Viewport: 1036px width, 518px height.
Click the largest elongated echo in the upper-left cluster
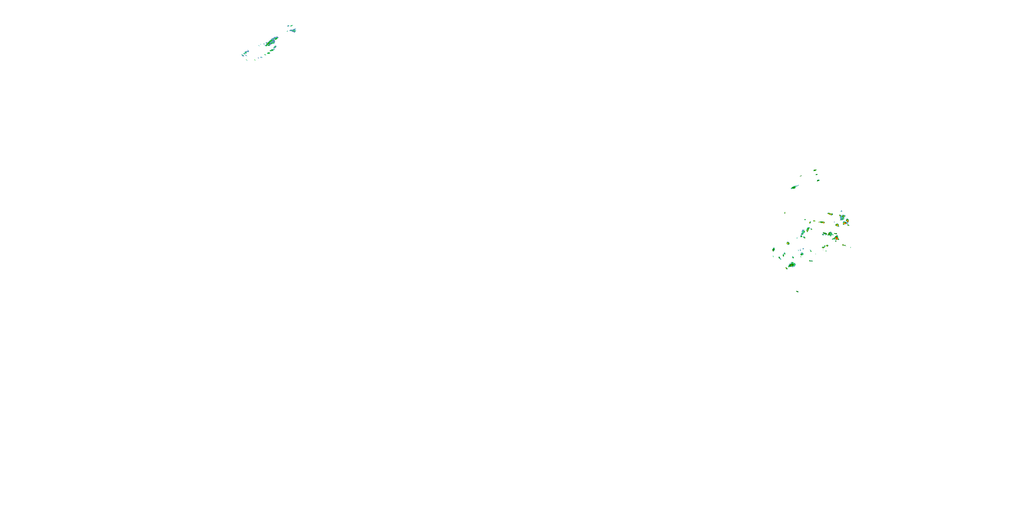pyautogui.click(x=272, y=41)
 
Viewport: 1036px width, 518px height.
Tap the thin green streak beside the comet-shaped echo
pyautogui.click(x=801, y=176)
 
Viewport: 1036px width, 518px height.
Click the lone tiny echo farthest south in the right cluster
pyautogui.click(x=797, y=291)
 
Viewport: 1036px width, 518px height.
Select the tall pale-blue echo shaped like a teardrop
pyautogui.click(x=803, y=233)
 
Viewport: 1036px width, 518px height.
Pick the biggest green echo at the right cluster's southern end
pyautogui.click(x=792, y=265)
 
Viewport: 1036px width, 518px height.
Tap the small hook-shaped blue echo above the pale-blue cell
pyautogui.click(x=841, y=211)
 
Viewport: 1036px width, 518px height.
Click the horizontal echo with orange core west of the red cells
pyautogui.click(x=822, y=222)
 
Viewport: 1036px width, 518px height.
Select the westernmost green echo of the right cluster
pyautogui.click(x=774, y=250)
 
